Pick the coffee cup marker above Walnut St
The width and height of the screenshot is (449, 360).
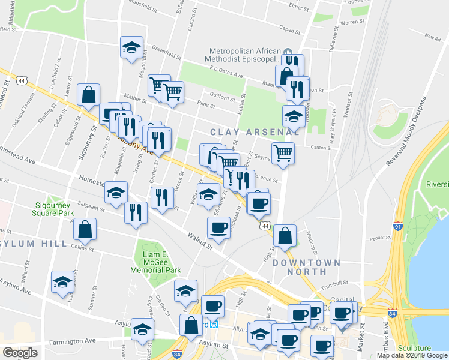pyautogui.click(x=218, y=227)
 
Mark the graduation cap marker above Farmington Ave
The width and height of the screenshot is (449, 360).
pyautogui.click(x=142, y=329)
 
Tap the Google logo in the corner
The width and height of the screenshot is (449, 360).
pyautogui.click(x=20, y=353)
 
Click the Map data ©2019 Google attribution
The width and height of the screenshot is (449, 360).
pyautogui.click(x=412, y=355)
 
